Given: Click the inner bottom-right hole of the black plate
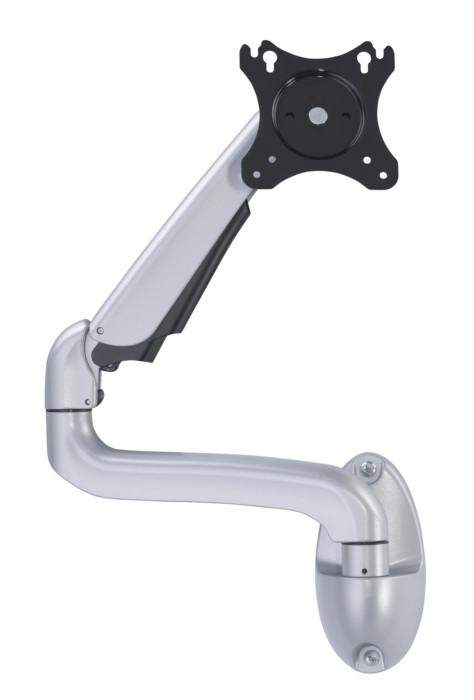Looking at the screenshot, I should point(367,160).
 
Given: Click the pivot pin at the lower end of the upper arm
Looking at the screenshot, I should point(100,331).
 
